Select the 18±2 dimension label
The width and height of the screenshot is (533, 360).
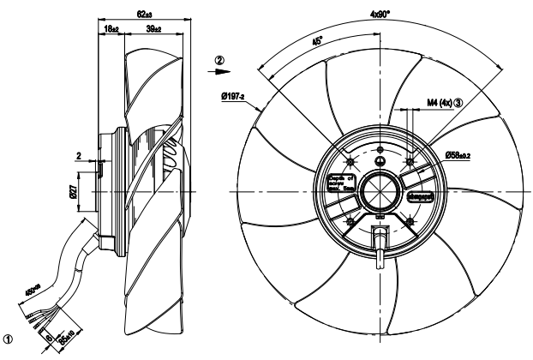tap(111, 29)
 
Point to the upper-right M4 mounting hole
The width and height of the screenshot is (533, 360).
tap(410, 160)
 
